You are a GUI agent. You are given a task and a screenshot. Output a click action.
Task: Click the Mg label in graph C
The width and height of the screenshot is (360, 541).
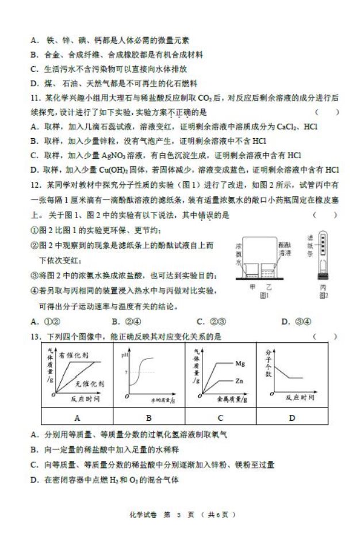coord(240,363)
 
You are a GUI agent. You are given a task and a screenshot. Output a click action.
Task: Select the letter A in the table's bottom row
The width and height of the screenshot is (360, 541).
coord(76,418)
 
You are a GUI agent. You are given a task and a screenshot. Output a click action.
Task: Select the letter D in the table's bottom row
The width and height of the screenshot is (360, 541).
coord(292,418)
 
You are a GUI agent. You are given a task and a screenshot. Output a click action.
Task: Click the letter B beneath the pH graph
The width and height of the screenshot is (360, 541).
coord(148,418)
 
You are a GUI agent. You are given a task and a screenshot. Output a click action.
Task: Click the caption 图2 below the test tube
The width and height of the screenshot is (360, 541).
coord(323,295)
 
